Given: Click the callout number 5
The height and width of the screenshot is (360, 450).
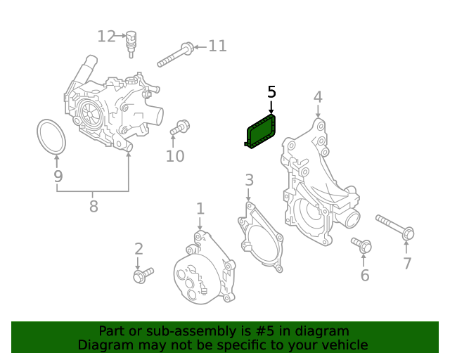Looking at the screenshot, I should [271, 92].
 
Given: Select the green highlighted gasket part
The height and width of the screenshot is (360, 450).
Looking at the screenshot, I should [261, 133].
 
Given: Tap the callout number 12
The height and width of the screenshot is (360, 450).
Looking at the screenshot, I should [106, 36].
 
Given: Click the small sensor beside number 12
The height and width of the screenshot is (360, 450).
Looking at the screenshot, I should [130, 43].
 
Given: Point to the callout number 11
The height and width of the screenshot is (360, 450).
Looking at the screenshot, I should [217, 46].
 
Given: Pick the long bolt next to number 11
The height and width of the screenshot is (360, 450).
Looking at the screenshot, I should [175, 55].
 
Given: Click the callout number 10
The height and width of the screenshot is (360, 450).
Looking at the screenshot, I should [175, 155].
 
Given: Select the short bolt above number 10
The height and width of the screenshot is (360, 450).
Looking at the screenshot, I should [179, 128].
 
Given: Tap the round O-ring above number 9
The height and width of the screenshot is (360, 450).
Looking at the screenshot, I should [51, 136].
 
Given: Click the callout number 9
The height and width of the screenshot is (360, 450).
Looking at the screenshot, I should [58, 176].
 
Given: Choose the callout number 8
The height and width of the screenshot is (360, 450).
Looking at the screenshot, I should [93, 206].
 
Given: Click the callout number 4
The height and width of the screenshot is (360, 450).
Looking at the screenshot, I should [318, 96].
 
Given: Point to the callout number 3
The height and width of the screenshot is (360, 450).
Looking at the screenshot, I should [249, 181].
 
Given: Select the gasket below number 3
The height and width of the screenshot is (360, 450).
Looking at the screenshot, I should [261, 236].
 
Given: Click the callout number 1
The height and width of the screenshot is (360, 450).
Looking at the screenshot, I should [200, 208].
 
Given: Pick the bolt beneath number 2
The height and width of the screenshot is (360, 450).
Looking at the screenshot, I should [143, 274].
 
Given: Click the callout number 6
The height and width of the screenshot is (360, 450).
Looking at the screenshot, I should [364, 275].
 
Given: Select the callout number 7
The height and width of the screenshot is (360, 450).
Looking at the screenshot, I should [406, 264].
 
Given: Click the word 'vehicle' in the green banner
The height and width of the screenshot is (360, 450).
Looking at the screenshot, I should [342, 345].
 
